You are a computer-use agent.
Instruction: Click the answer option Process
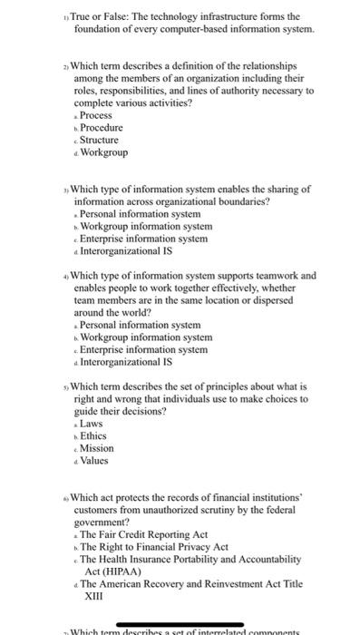click(96, 116)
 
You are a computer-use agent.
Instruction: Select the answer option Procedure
click(102, 128)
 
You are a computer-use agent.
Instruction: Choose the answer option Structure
click(101, 140)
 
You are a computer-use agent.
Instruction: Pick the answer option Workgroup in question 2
click(104, 152)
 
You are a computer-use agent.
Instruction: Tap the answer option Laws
click(92, 424)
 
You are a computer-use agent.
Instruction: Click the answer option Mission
click(97, 448)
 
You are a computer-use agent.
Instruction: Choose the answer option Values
click(95, 460)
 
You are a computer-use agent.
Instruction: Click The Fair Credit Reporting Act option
click(144, 534)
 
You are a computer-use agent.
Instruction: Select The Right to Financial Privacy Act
click(154, 547)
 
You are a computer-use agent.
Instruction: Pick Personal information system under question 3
click(140, 214)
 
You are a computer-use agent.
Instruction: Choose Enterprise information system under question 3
click(143, 239)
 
